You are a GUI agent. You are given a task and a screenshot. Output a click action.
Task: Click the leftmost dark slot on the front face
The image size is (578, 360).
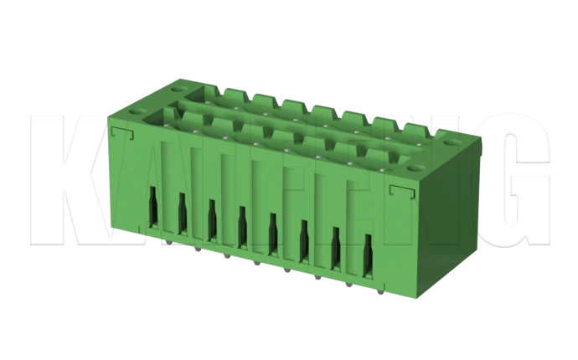[x=153, y=206]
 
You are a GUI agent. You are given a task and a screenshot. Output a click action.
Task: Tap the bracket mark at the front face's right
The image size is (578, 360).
[x=400, y=193]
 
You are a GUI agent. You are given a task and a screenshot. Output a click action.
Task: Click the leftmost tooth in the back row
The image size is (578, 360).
[x=232, y=91]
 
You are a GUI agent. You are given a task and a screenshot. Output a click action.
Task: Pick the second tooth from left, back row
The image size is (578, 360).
[x=261, y=98]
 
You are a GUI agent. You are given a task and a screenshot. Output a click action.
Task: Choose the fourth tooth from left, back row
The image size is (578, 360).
[x=321, y=111]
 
